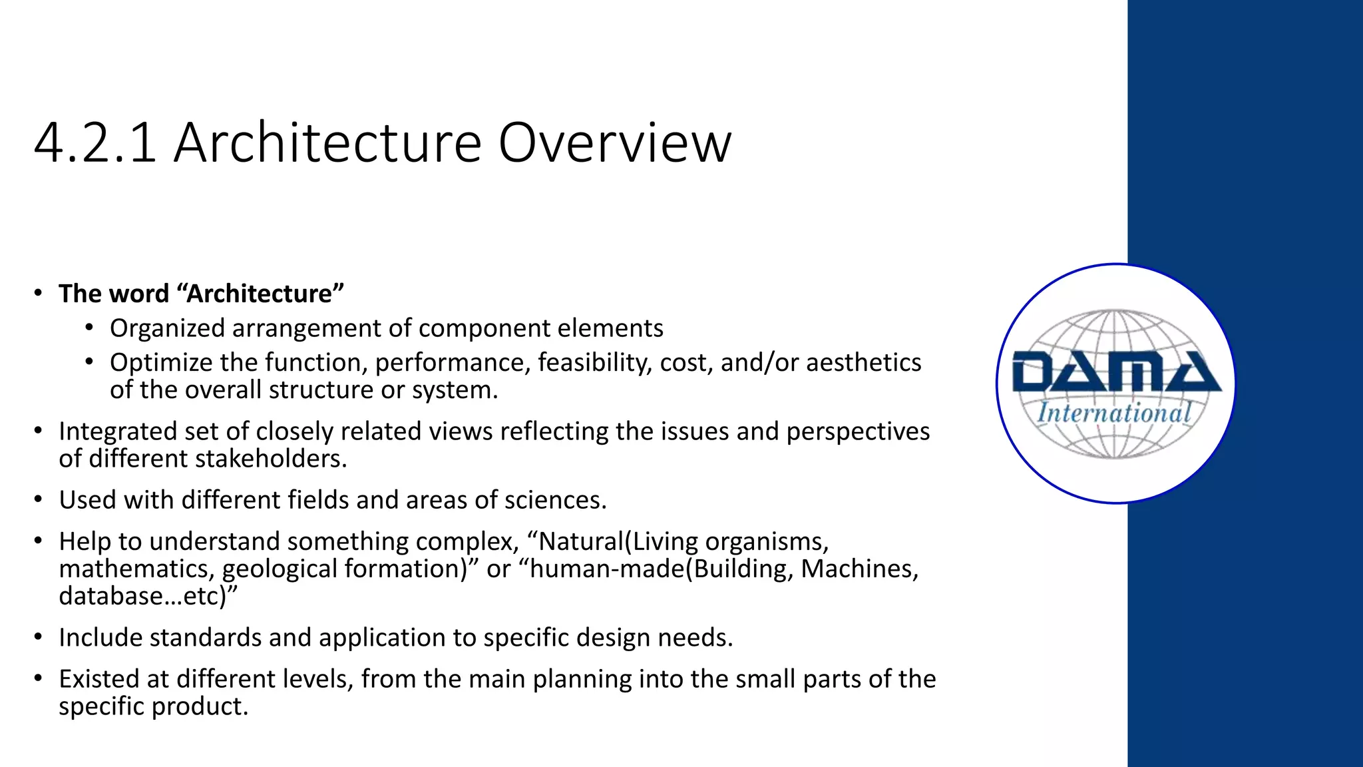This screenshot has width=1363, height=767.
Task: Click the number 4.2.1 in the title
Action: (x=95, y=142)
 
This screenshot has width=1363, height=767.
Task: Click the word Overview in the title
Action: (x=614, y=142)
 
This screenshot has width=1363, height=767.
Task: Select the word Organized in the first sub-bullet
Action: (x=166, y=328)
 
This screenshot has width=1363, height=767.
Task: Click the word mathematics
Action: (x=136, y=569)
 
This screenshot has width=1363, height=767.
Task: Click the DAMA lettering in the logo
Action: (x=1116, y=373)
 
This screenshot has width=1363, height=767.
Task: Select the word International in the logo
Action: (x=1115, y=413)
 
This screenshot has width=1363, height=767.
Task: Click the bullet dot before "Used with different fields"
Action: (x=39, y=499)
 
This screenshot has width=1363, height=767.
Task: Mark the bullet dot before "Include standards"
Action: (x=39, y=637)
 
